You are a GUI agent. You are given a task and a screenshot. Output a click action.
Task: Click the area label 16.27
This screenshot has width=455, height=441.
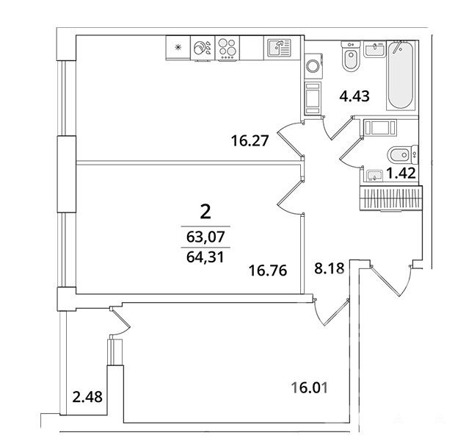[250, 141]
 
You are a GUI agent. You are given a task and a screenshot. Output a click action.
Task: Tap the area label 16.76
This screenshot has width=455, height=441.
[268, 270]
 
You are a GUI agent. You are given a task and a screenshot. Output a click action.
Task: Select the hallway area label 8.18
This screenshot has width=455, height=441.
[330, 268]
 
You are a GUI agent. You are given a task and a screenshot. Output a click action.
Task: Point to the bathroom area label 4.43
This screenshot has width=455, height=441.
[354, 96]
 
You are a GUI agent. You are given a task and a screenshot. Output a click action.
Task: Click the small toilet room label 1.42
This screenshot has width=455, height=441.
[401, 173]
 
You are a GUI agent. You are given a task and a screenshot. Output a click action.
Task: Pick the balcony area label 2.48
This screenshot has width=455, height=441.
[87, 397]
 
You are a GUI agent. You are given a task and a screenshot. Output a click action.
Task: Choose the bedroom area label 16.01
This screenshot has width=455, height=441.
[310, 387]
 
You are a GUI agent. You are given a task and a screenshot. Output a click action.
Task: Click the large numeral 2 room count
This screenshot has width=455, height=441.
[205, 212]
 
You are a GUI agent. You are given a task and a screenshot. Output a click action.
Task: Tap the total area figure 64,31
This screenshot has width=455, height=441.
[205, 257]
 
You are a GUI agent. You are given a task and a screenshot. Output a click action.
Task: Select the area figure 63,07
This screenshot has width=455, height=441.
[205, 237]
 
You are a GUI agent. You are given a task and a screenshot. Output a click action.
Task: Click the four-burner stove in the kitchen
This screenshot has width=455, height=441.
[227, 48]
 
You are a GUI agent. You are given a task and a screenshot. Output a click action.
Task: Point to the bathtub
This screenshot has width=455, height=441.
[401, 75]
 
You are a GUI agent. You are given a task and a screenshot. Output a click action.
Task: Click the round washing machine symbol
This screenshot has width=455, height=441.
[313, 66]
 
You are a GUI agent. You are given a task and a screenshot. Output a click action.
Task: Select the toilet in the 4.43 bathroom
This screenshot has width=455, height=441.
[351, 57]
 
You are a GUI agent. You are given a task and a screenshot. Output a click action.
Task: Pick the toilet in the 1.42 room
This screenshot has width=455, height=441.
[402, 154]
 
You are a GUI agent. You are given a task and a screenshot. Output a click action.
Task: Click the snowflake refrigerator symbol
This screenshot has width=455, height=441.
[178, 48]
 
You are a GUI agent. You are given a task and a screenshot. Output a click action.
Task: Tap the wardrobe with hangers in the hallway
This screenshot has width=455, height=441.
[391, 198]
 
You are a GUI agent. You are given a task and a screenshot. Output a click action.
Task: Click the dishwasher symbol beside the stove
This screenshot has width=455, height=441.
[203, 48]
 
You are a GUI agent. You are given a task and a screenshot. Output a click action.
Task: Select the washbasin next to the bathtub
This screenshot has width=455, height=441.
[374, 49]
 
